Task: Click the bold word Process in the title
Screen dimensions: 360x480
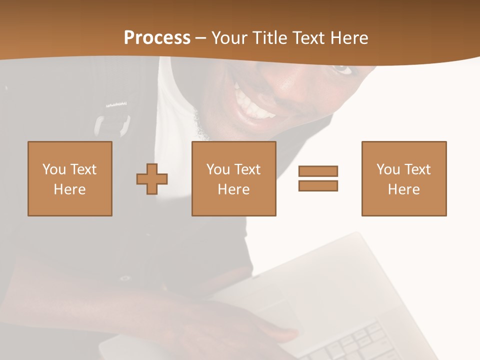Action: click(157, 38)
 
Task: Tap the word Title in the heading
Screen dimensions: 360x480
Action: click(270, 38)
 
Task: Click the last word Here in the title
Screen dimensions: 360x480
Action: click(349, 38)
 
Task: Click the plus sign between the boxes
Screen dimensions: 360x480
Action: click(152, 179)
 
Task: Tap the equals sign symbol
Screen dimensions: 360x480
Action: click(318, 178)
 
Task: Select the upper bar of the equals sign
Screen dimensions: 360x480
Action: click(318, 171)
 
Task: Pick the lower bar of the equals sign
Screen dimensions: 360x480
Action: click(318, 185)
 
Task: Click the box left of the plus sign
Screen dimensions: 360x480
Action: click(69, 178)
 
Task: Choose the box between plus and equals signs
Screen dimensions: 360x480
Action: click(233, 178)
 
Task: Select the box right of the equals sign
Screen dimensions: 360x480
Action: click(403, 178)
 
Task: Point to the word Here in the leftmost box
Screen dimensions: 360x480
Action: click(69, 189)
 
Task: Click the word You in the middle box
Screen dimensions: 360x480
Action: click(218, 169)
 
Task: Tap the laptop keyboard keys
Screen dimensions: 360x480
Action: click(360, 342)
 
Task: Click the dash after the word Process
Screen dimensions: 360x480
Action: click(201, 38)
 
